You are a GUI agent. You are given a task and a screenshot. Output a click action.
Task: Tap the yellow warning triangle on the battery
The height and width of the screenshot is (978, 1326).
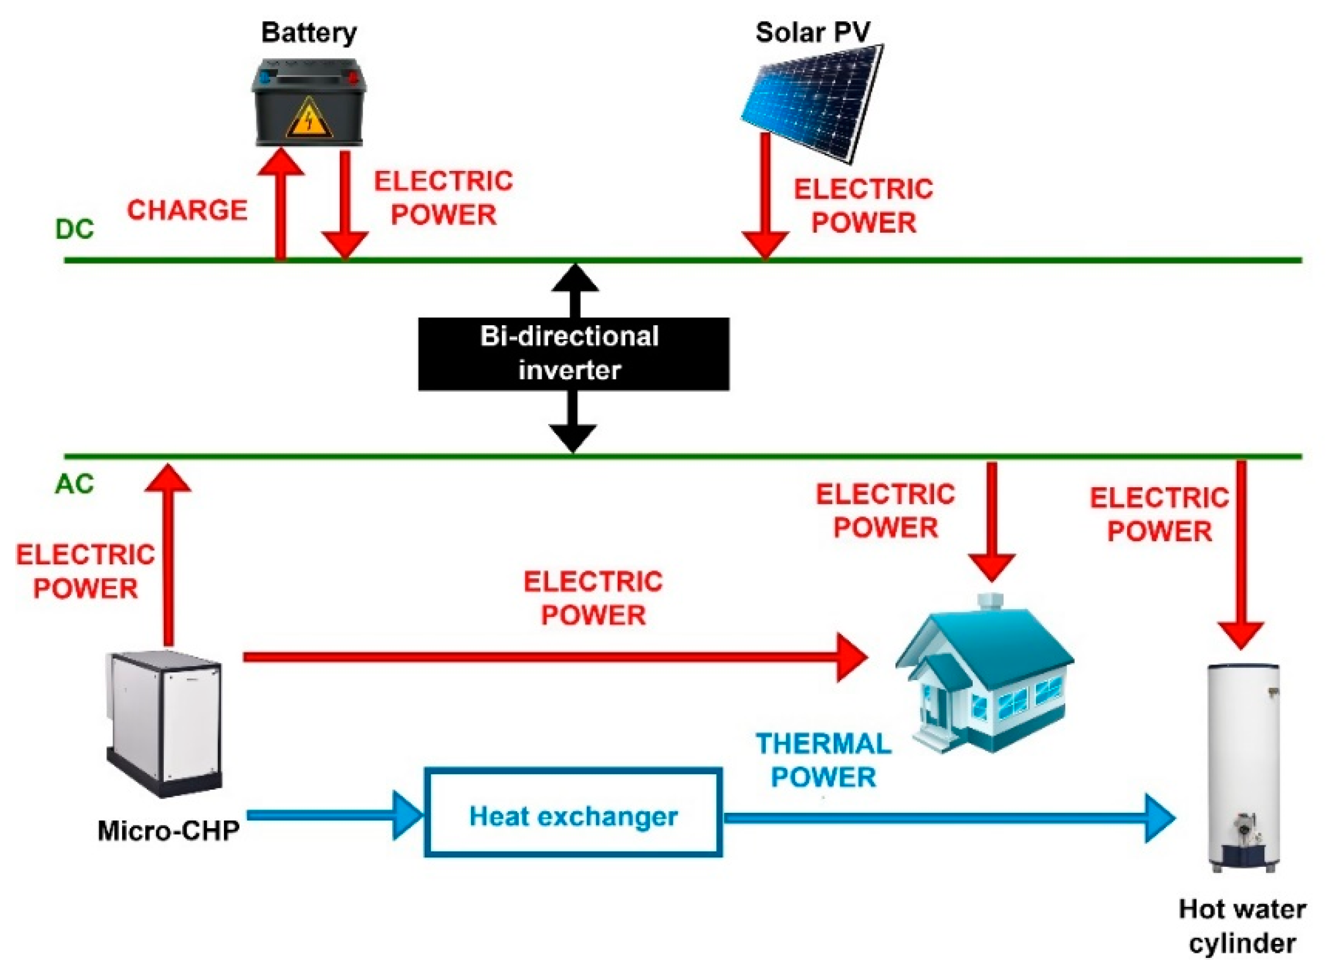point(308,118)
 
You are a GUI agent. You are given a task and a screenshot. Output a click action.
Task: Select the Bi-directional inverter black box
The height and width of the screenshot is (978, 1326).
point(573,354)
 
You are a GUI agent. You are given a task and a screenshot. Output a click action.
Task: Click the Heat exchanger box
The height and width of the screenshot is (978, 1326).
point(573,817)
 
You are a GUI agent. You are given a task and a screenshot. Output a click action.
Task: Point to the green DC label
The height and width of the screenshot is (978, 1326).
point(75,230)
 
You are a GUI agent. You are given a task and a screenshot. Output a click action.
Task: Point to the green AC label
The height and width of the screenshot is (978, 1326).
point(75,484)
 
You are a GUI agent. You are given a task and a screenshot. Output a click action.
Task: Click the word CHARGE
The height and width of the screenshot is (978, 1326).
point(187,210)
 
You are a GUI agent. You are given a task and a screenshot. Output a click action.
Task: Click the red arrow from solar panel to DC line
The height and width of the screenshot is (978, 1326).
point(765,195)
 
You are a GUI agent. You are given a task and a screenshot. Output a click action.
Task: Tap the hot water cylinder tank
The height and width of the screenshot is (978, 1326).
point(1244,764)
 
